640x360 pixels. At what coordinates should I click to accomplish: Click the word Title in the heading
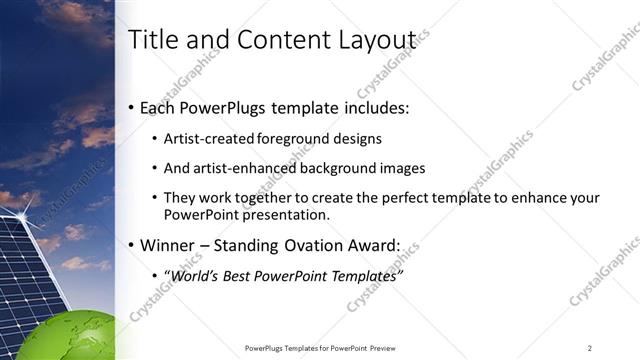153,39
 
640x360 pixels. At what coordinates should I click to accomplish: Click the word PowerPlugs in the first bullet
228,107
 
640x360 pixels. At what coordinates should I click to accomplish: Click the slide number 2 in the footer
590,348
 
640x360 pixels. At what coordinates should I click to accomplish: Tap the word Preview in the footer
381,348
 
